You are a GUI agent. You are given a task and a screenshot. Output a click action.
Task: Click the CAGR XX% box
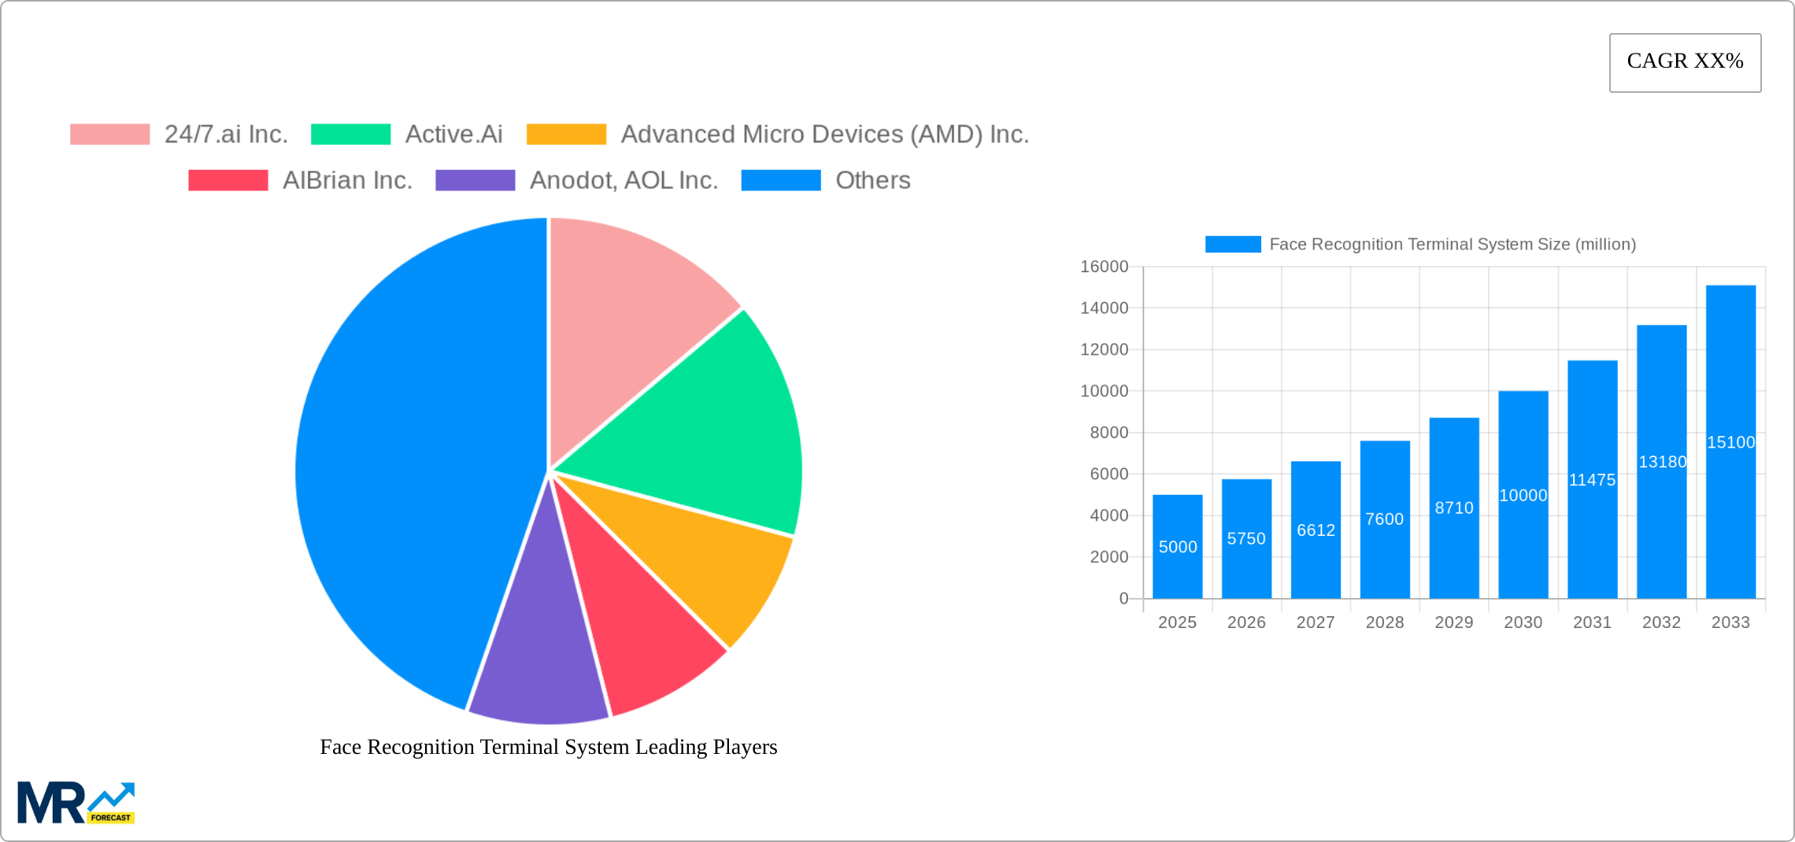coord(1685,62)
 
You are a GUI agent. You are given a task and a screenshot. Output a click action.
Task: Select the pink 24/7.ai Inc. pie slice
coord(630,315)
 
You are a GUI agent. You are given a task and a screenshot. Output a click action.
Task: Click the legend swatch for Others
coord(781,180)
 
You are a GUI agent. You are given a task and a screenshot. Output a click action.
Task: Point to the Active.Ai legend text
coord(453,135)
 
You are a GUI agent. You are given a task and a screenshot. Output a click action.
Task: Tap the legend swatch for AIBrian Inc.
coord(228,180)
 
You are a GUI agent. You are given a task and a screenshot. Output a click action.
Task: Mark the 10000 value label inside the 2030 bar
coord(1523,496)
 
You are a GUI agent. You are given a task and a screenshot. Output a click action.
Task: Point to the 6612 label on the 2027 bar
coord(1316,530)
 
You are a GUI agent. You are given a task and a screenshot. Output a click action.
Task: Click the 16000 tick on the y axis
coord(1104,267)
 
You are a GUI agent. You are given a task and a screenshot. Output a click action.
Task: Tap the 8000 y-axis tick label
coord(1108,433)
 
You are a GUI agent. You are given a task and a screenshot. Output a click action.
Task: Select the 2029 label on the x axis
coord(1453,622)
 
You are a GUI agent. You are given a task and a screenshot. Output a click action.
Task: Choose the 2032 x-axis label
coord(1661,622)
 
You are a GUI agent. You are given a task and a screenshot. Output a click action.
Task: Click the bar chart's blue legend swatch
coord(1233,245)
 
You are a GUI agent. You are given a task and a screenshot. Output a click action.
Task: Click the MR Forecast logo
coord(76,803)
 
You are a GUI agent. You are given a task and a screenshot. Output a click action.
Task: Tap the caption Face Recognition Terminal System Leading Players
coord(548,747)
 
